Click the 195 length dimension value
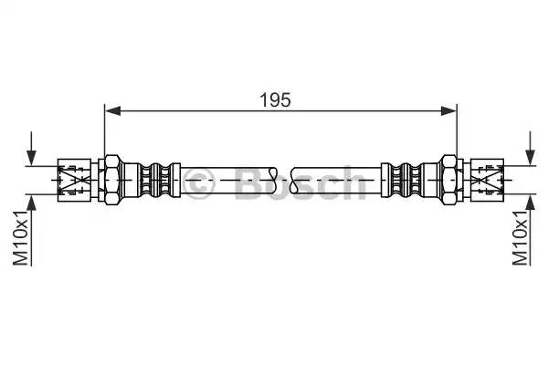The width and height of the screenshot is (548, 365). point(276,99)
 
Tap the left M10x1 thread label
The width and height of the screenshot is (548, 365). point(20,238)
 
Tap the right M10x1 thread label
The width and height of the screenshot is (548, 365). point(520,238)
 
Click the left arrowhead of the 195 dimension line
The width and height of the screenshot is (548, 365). point(112,111)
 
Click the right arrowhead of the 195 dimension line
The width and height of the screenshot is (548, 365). point(449,111)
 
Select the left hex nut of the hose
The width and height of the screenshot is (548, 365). point(112,180)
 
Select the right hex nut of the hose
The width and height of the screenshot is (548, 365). point(449,180)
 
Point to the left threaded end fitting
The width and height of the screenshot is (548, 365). point(74,180)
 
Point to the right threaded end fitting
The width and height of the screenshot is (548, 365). point(488,180)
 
